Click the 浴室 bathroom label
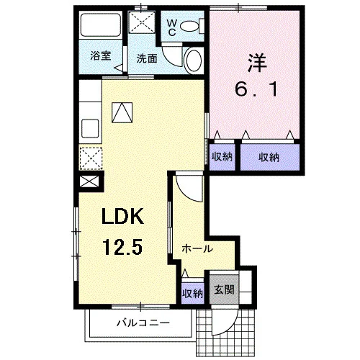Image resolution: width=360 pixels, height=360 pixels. point(101,56)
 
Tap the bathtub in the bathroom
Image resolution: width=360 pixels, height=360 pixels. point(100,25)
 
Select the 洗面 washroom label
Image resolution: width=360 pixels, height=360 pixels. point(147,58)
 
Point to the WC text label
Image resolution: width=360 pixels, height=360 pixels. point(172,27)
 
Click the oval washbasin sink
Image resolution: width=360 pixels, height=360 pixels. point(194,60)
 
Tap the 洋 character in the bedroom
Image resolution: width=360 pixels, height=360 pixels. point(257,63)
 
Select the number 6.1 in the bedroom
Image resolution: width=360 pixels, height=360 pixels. point(256,89)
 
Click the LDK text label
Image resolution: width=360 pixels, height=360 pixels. point(122,216)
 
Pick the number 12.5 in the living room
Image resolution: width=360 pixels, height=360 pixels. point(122,247)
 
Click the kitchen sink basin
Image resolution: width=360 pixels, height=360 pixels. point(90,128)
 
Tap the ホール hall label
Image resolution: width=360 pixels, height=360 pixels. point(197,248)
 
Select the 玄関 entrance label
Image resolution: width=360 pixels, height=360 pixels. point(224,289)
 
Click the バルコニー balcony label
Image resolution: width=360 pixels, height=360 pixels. point(143,323)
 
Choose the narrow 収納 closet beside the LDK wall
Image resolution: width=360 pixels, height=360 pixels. point(222,157)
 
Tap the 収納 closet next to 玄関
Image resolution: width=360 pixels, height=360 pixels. point(192,293)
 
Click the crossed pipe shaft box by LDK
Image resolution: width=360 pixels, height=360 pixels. point(89,181)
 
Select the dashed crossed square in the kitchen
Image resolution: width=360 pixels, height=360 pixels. point(91,158)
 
